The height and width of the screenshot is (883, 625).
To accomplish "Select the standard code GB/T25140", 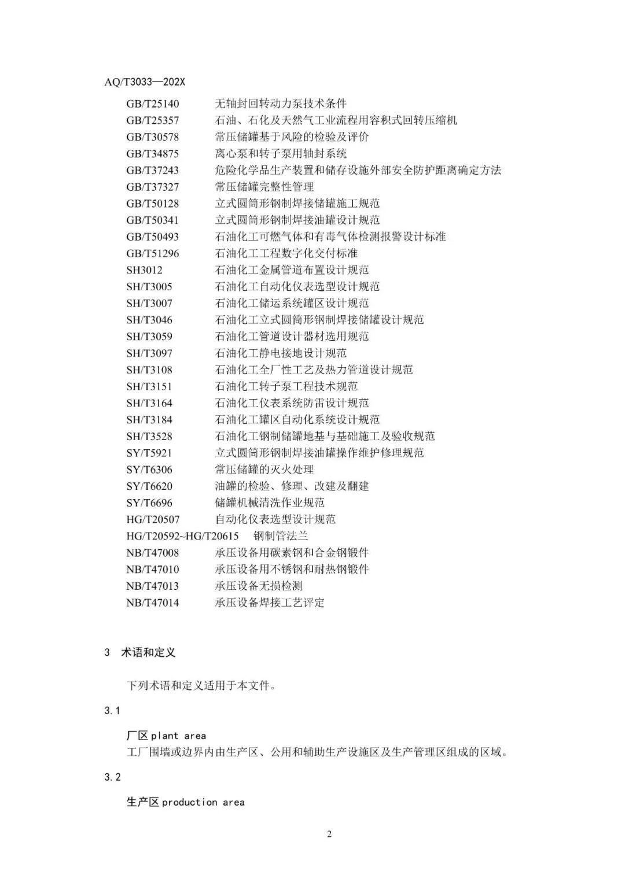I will click(x=153, y=104).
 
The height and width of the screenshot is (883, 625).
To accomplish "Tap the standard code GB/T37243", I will click(x=153, y=171).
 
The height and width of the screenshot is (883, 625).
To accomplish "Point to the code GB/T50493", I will click(x=153, y=237).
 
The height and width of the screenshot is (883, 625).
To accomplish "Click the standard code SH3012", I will click(x=145, y=270).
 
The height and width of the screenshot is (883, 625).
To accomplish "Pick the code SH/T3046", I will click(x=149, y=320).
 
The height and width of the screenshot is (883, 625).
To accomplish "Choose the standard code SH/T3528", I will click(x=149, y=437).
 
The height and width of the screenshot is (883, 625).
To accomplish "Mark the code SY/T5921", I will click(x=149, y=453).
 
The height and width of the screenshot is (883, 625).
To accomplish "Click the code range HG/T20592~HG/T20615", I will click(x=183, y=536).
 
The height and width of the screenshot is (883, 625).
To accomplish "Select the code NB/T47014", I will click(x=153, y=603).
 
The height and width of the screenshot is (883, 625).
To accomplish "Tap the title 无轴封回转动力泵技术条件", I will click(x=281, y=104).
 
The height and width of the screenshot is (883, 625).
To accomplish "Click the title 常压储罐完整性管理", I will click(x=264, y=187).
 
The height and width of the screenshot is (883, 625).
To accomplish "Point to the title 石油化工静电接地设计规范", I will click(x=281, y=353).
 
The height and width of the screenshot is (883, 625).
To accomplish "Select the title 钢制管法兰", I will click(x=281, y=536).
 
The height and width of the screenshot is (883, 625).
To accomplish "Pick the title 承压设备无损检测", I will click(x=259, y=586).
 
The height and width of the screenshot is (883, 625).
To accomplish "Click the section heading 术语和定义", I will click(x=148, y=652).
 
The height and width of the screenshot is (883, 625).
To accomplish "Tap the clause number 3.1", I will click(x=112, y=711).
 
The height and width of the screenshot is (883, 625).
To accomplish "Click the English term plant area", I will click(x=178, y=736).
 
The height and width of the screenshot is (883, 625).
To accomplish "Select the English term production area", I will click(x=203, y=803).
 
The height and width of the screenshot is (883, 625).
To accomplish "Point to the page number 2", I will click(x=329, y=834).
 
